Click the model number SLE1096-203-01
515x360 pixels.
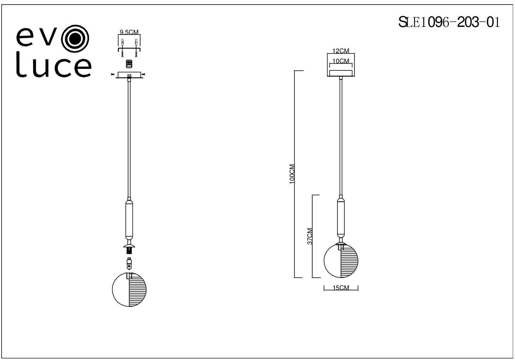click(x=449, y=22)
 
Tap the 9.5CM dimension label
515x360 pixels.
click(x=129, y=32)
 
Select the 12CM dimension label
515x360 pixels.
click(x=341, y=51)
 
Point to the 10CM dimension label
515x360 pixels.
click(x=341, y=61)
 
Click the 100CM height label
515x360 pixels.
click(x=292, y=174)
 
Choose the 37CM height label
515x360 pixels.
click(x=310, y=236)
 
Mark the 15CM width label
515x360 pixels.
click(x=341, y=288)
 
